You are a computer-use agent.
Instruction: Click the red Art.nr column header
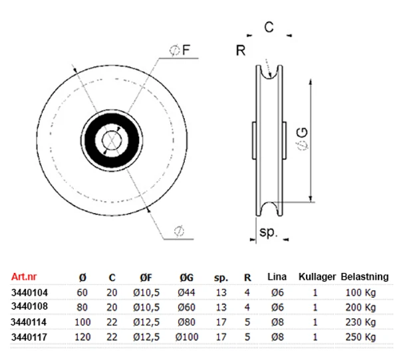[24, 276]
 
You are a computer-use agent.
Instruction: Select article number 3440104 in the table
[29, 293]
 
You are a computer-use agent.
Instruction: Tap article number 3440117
[29, 337]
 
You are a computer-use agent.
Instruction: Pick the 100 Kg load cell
[360, 293]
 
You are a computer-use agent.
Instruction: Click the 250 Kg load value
[360, 337]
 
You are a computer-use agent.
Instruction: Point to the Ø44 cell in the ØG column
[186, 293]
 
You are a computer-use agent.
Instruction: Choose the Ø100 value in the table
[187, 337]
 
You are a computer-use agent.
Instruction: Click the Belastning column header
[364, 277]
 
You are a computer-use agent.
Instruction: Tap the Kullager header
[317, 277]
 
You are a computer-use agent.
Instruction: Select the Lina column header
[277, 276]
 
